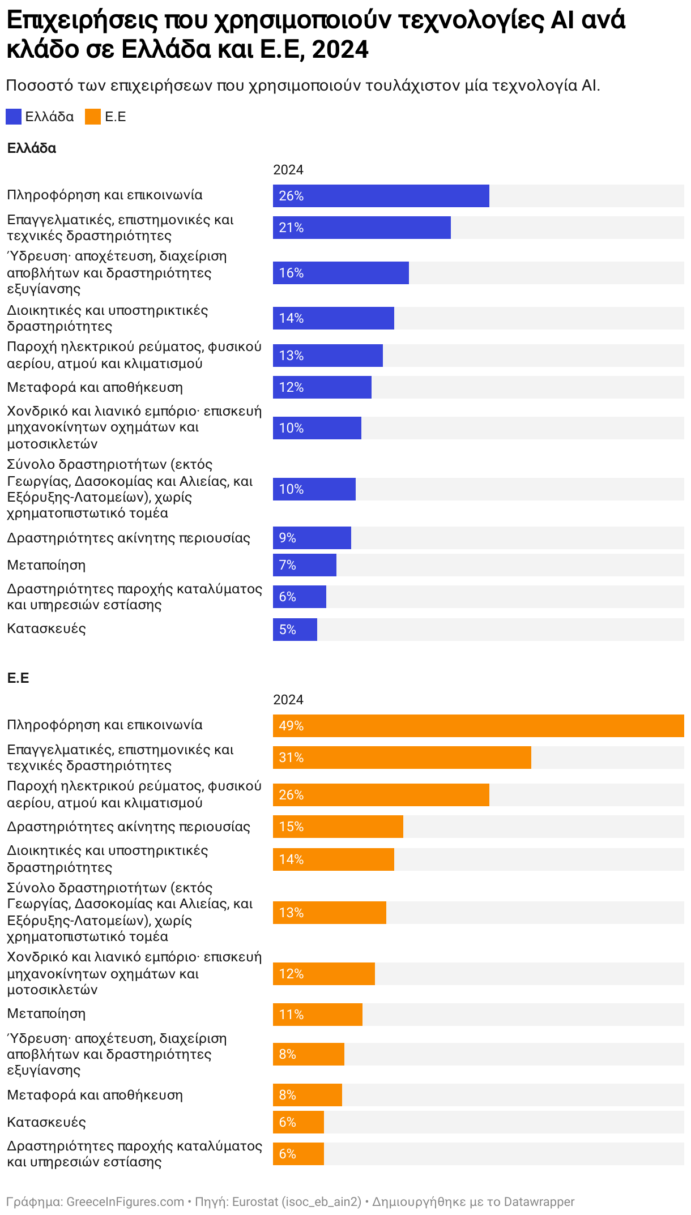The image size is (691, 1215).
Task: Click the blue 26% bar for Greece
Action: pyautogui.click(x=381, y=196)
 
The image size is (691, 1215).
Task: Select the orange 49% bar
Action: pyautogui.click(x=478, y=726)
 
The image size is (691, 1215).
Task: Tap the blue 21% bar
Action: pyautogui.click(x=361, y=228)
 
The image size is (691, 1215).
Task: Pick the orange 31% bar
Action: pyautogui.click(x=402, y=758)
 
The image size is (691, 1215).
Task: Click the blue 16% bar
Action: pyautogui.click(x=340, y=273)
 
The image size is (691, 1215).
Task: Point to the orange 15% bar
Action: pyautogui.click(x=338, y=827)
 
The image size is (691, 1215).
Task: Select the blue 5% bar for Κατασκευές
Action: pyautogui.click(x=295, y=630)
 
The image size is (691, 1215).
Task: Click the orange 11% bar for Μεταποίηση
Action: pyautogui.click(x=317, y=1015)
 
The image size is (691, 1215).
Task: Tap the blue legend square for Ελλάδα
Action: pyautogui.click(x=14, y=117)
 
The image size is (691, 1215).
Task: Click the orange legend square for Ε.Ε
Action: pyautogui.click(x=93, y=117)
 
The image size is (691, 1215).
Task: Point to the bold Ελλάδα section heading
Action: pyautogui.click(x=32, y=148)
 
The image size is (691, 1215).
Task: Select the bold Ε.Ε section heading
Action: pyautogui.click(x=18, y=678)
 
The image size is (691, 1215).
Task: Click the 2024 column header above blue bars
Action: pyautogui.click(x=288, y=170)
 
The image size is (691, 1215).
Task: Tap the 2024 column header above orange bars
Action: pyautogui.click(x=288, y=700)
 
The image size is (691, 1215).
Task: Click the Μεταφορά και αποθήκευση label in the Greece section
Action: pyautogui.click(x=95, y=387)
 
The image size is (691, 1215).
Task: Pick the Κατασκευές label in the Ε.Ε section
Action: pyautogui.click(x=46, y=1122)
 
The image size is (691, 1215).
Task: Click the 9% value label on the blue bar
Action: pyautogui.click(x=288, y=538)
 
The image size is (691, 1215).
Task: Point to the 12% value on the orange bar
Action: pyautogui.click(x=291, y=974)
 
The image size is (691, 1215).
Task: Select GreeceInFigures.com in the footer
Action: pyautogui.click(x=125, y=1201)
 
